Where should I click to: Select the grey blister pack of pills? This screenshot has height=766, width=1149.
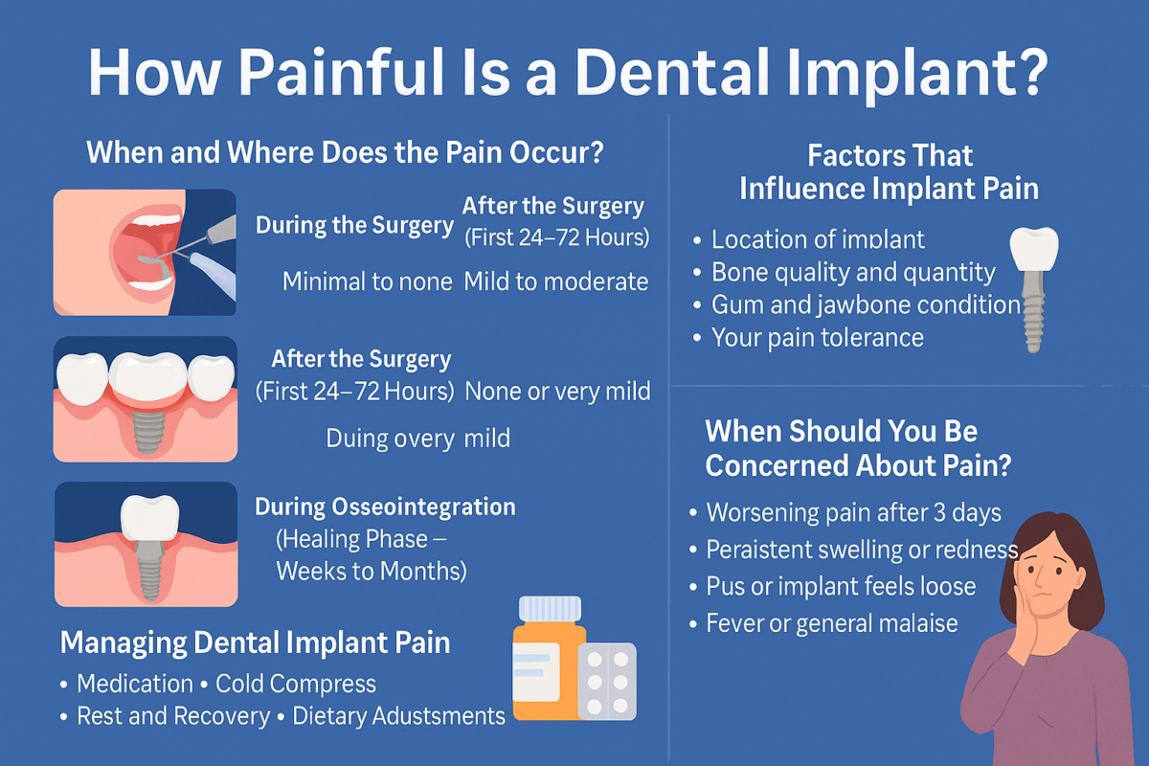pos(607,682)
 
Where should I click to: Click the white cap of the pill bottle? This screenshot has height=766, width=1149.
pos(550,610)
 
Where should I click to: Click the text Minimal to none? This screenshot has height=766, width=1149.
pos(368,282)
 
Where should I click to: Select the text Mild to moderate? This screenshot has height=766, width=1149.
pos(556,282)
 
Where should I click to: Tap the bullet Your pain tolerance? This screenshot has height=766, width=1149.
pos(808,338)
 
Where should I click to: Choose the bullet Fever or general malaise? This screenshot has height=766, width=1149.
pos(823,623)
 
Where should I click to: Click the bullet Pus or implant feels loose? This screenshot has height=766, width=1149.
pos(832,586)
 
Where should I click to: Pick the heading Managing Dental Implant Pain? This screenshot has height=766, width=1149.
pos(255,643)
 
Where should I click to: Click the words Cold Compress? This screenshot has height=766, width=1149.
pos(296,684)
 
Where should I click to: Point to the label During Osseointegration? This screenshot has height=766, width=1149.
pos(385,507)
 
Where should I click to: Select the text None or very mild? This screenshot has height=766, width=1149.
pos(557,392)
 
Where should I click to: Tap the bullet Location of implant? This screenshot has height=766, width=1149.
pos(808,239)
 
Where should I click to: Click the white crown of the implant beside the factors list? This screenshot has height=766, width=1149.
pos(1034,248)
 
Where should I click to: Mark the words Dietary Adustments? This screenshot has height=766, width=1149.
pos(398,716)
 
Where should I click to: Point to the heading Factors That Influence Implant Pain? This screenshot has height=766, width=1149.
pos(890,172)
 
